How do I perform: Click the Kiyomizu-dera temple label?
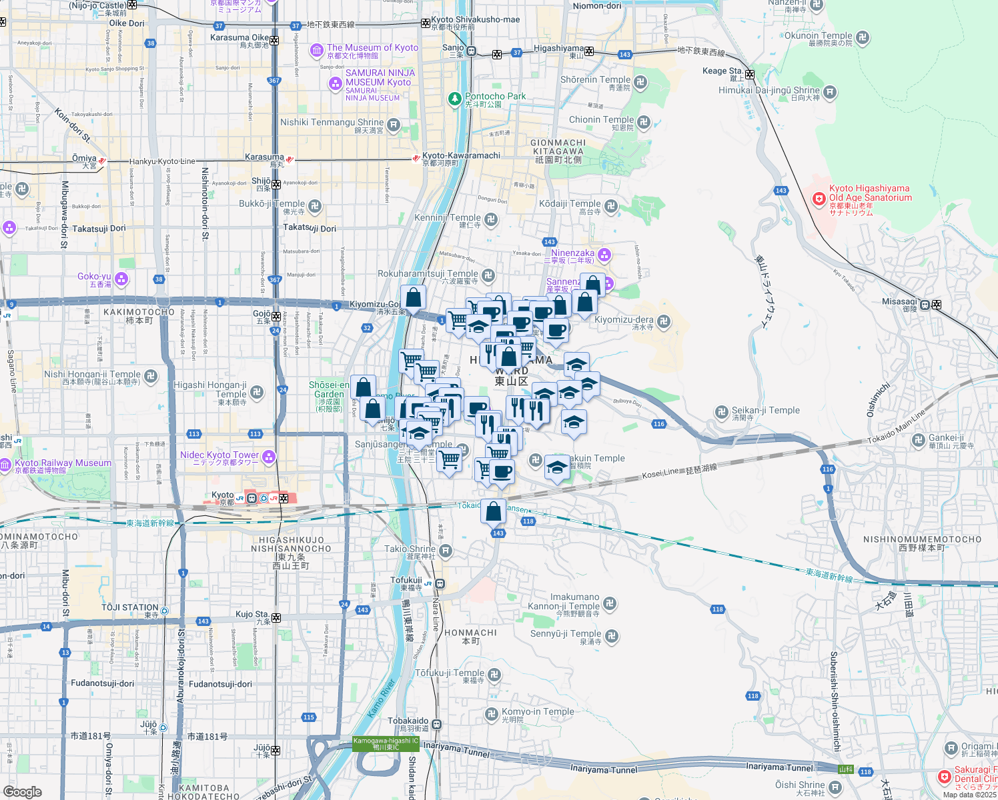(624, 320)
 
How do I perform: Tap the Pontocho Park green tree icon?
(455, 99)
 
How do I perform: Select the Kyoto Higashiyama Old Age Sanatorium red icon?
(819, 198)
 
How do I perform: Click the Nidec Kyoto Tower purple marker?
(269, 457)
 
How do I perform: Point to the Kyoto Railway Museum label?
(63, 463)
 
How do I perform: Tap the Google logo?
(23, 792)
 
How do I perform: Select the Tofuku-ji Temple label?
(450, 673)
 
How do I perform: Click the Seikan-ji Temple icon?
(721, 412)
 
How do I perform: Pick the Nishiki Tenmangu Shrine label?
(332, 123)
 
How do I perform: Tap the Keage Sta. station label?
(722, 71)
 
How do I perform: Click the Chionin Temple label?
(601, 120)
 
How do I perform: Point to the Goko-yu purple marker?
(121, 279)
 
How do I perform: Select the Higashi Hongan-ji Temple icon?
(258, 392)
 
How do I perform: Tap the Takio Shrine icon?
(446, 551)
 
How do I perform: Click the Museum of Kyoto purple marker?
(317, 51)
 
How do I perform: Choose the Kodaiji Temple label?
(570, 204)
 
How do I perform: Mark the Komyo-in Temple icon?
(492, 714)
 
